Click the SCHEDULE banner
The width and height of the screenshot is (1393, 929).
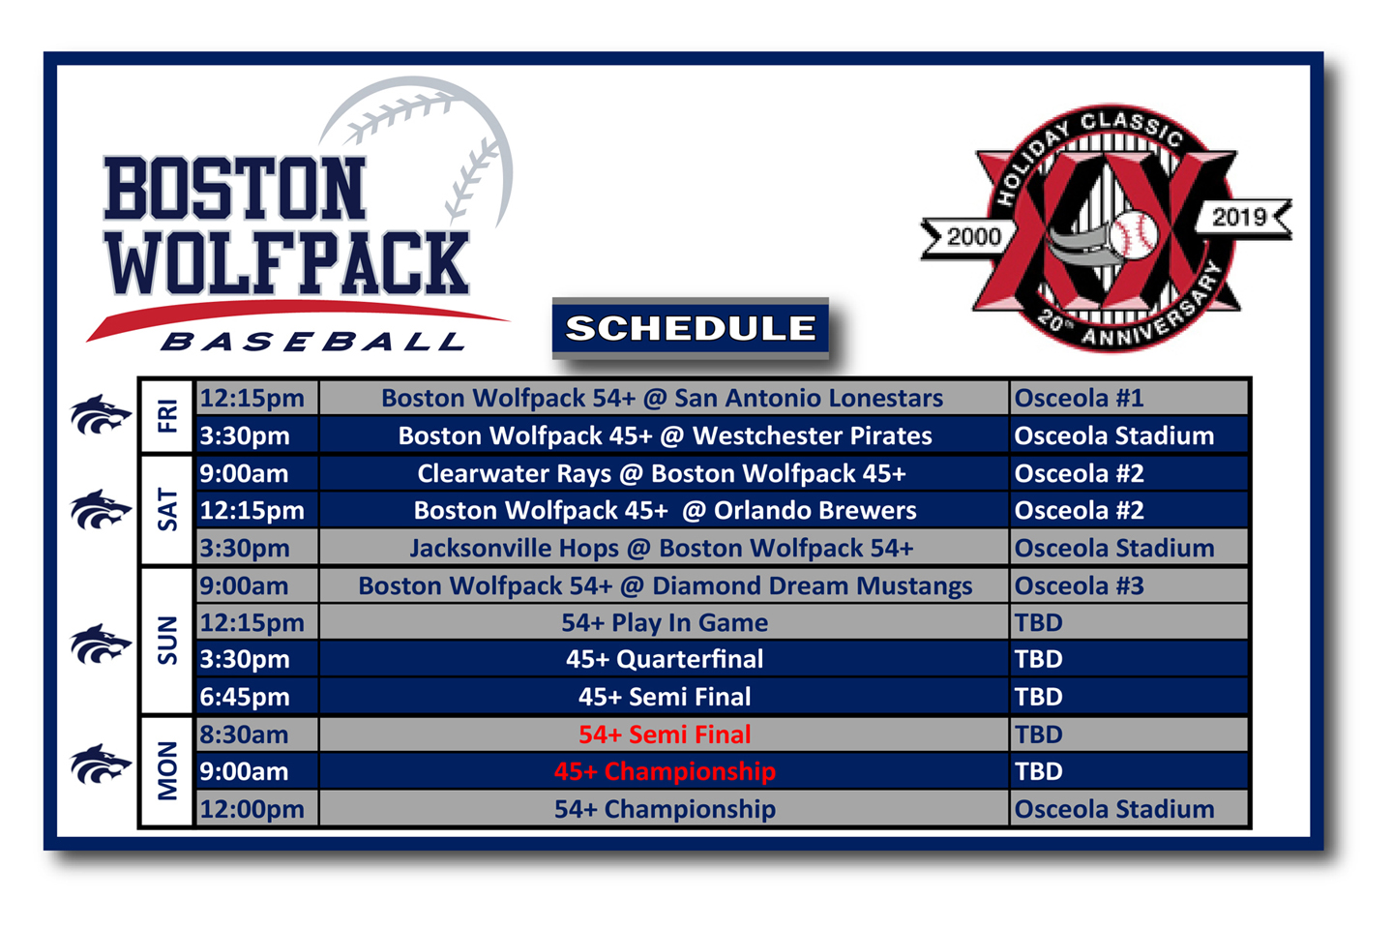click(x=691, y=329)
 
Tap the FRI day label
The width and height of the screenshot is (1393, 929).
click(x=167, y=416)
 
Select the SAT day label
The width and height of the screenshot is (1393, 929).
click(x=167, y=510)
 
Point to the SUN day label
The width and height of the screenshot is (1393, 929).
click(x=167, y=641)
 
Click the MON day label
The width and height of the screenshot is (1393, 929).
click(x=167, y=771)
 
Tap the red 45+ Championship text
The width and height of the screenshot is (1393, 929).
click(x=665, y=771)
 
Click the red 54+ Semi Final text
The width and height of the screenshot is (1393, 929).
click(x=665, y=734)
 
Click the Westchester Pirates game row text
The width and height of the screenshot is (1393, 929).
click(x=665, y=436)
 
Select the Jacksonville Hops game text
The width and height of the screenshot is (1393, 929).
click(x=662, y=549)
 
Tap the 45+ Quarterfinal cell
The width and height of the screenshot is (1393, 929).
click(x=665, y=660)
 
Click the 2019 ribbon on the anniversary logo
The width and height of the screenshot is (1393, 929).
click(x=1242, y=218)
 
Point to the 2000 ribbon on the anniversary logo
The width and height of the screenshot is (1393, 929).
click(x=970, y=237)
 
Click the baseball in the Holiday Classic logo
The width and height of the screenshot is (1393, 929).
click(x=1133, y=234)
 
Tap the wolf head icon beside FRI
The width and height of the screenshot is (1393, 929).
click(x=101, y=414)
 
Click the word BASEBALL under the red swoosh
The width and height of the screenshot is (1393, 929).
click(x=312, y=342)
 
